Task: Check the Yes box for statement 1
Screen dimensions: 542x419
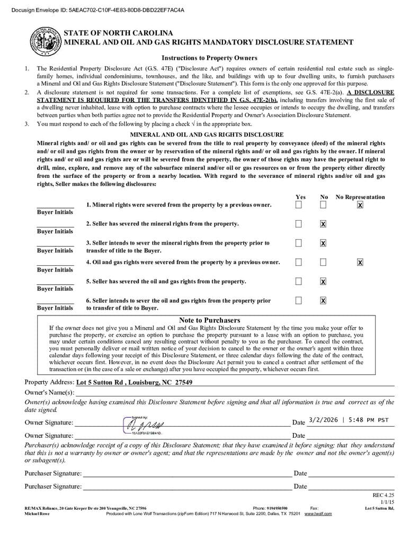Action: (x=299, y=205)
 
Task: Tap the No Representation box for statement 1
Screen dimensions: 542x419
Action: (x=360, y=205)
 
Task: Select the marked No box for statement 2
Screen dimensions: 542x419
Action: (x=323, y=224)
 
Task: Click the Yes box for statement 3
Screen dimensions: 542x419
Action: (x=299, y=243)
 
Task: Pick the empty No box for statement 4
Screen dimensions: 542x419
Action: (x=323, y=262)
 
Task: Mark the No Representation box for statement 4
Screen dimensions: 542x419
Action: (x=360, y=262)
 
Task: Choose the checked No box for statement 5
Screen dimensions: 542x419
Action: (x=323, y=281)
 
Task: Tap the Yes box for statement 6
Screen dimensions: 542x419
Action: (x=299, y=301)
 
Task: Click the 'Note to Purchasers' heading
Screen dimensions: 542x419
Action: (x=209, y=320)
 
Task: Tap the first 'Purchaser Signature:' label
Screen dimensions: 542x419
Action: (x=53, y=473)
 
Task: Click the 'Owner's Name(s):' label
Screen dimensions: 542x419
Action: (x=49, y=392)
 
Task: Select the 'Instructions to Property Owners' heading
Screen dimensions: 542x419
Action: (x=209, y=58)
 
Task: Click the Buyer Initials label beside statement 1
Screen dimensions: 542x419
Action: (x=55, y=212)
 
